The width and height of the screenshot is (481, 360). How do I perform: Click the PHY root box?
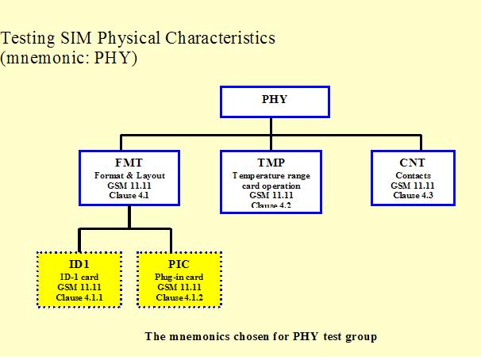coord(274,100)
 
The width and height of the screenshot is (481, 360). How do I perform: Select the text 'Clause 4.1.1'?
coord(79,297)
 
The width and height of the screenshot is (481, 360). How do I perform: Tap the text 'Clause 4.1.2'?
coord(179,297)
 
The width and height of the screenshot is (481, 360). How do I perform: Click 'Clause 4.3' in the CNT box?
coord(412,195)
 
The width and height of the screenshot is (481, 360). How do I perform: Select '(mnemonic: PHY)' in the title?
coord(70,59)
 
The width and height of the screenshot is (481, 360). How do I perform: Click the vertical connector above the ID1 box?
coord(79,239)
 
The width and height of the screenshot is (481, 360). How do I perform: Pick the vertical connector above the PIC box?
coord(171,239)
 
